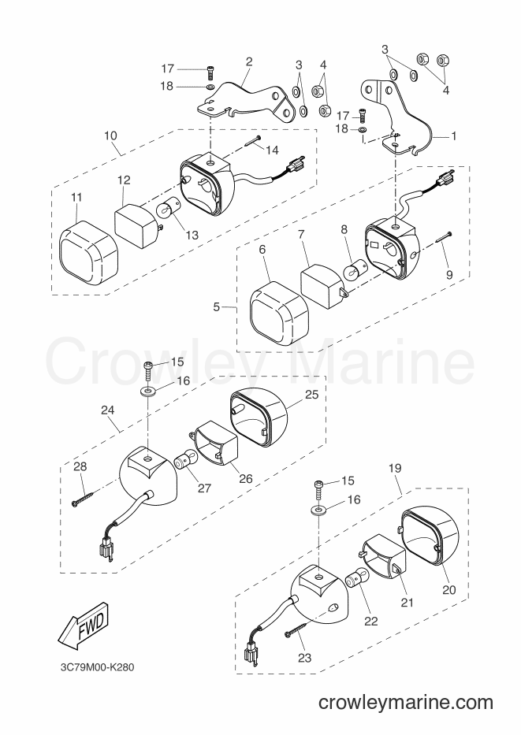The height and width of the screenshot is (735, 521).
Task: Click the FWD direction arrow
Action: point(84,628)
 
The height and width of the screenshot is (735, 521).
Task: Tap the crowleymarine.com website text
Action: point(406,703)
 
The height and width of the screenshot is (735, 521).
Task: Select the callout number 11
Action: point(76,197)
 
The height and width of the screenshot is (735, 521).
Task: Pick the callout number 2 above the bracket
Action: point(249,61)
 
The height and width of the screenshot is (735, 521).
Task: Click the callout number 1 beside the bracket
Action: point(453,136)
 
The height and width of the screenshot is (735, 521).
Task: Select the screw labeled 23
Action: point(296,629)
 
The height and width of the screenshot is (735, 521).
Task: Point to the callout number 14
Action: point(272,150)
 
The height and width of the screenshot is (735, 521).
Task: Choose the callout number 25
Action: point(312,395)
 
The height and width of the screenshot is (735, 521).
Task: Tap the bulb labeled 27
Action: point(184,460)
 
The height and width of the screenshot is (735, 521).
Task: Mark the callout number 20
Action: point(449,590)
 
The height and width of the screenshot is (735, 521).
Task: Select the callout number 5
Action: point(216,307)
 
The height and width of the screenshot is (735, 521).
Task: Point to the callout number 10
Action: point(110,136)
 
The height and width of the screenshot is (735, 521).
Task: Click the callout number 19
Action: point(395,468)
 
